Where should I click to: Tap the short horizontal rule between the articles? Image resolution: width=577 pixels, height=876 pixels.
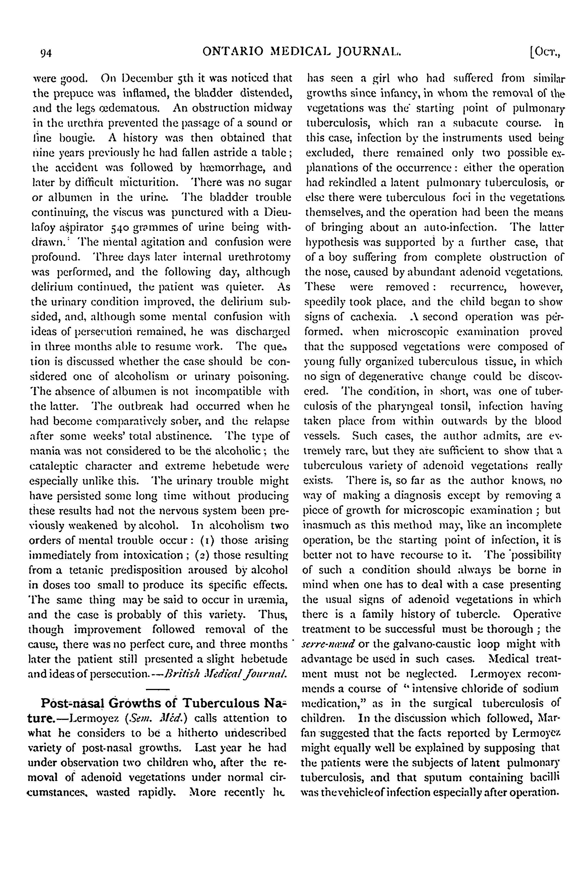[158, 689]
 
